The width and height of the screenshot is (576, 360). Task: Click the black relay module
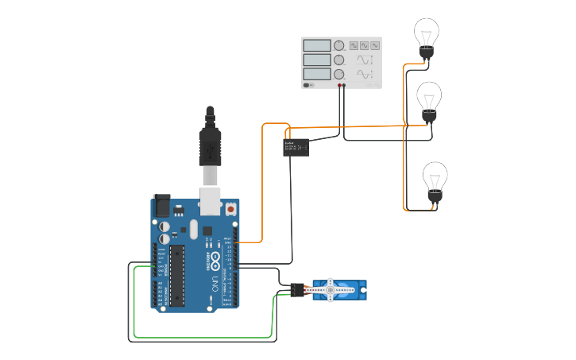296,147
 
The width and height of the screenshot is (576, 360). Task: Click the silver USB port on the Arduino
210,202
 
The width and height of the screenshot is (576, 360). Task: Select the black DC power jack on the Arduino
161,206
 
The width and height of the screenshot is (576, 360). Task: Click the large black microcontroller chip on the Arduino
177,275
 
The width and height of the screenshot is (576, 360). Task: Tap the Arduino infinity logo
213,261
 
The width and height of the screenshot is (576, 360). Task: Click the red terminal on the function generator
339,85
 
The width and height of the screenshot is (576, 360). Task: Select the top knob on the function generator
339,46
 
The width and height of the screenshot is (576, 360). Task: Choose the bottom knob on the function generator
339,74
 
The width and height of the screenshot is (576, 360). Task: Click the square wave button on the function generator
354,46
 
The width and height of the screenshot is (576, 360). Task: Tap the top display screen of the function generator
316,46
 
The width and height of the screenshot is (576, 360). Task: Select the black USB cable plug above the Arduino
210,146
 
